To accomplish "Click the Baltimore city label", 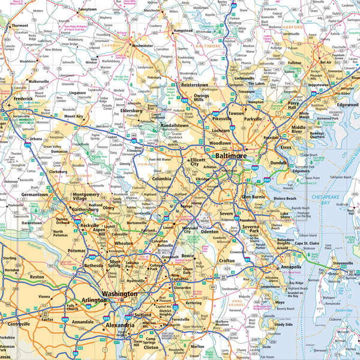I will (231, 155).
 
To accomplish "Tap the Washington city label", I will (120, 295).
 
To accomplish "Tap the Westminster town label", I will (143, 45).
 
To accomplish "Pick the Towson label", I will (236, 113).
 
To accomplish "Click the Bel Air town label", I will (326, 62).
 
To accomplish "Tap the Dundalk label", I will (278, 162).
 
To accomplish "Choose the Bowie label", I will (188, 256).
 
